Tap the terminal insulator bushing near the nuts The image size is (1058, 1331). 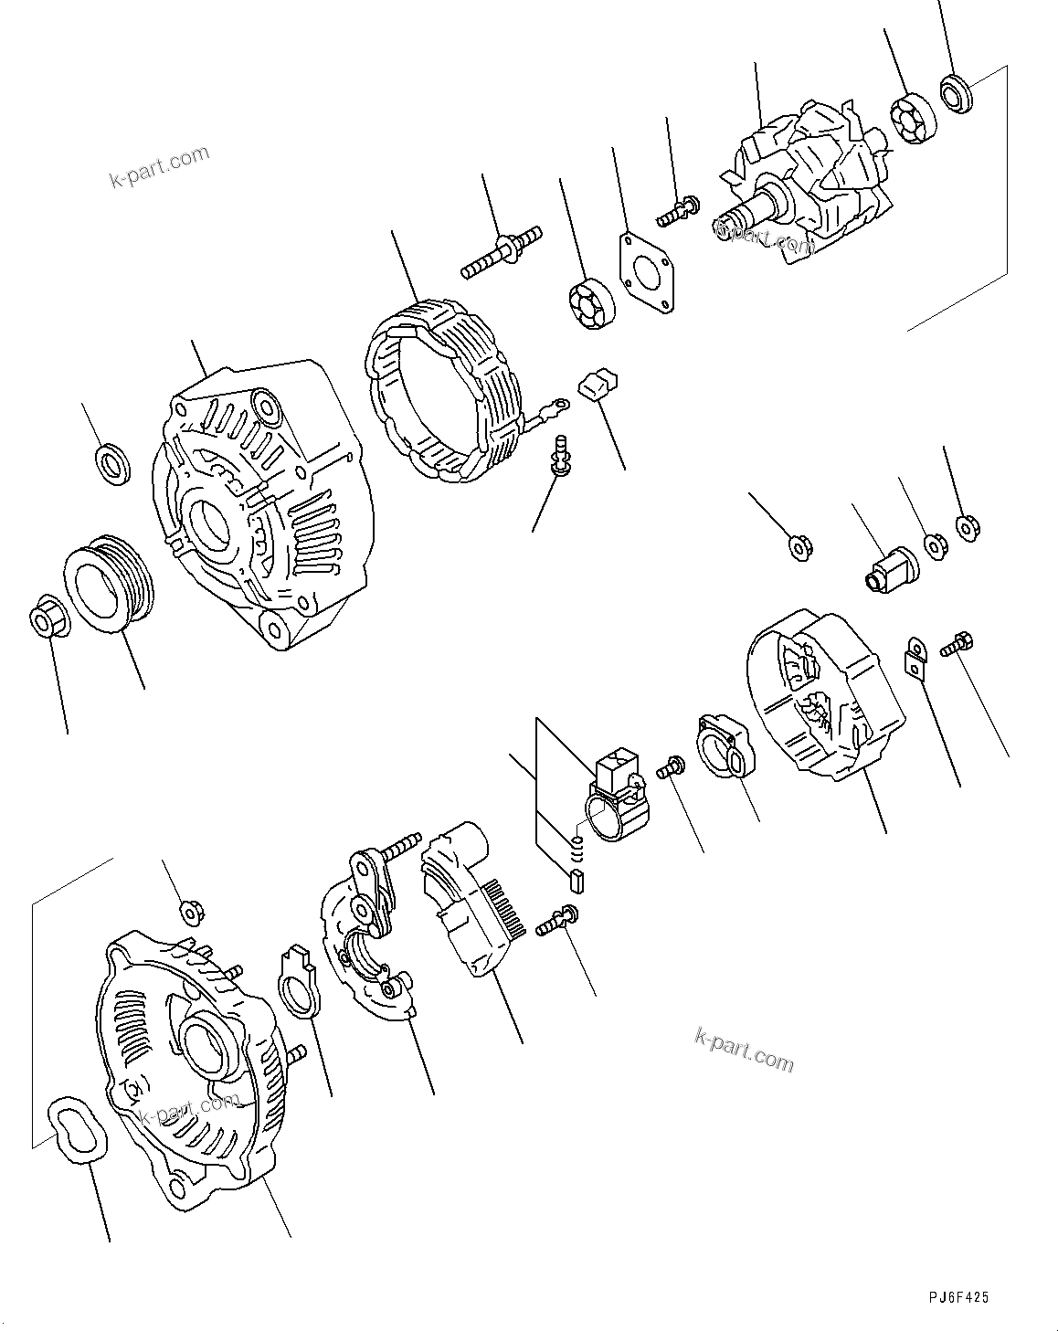point(893,567)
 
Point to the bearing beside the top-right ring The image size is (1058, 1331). point(913,120)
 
